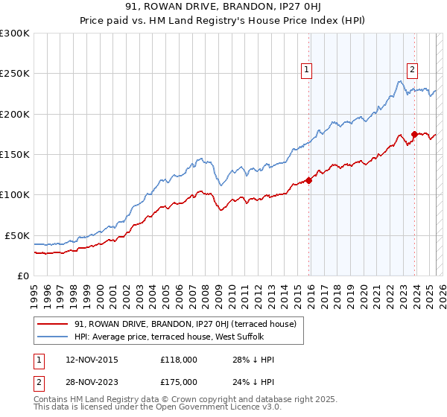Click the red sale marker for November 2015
pos(308,179)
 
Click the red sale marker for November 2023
pos(414,134)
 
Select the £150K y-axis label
pos(15,154)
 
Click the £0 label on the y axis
pos(24,276)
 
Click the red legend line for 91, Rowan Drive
pos(53,324)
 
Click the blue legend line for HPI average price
pos(53,337)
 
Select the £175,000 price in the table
pos(179,381)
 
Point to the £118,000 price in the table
pos(179,360)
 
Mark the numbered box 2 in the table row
pos(38,381)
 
